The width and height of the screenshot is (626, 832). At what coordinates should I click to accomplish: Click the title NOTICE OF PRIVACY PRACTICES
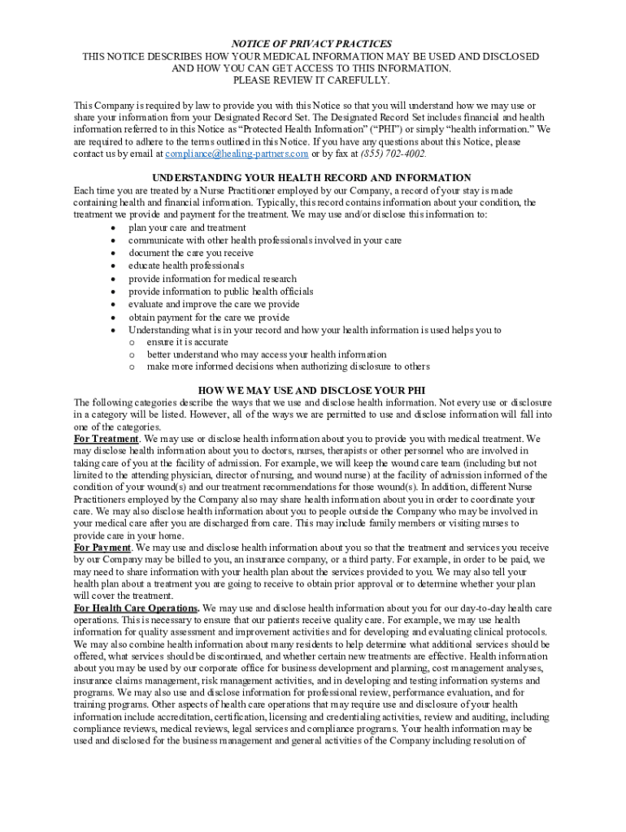[312, 44]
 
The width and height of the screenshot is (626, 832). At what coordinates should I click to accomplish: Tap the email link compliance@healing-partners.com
[237, 154]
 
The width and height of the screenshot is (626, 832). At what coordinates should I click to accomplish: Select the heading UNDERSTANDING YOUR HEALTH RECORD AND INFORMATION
[311, 178]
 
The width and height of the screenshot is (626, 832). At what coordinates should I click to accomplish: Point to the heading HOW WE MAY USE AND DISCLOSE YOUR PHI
[311, 390]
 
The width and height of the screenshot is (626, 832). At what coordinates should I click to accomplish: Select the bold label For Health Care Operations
[136, 608]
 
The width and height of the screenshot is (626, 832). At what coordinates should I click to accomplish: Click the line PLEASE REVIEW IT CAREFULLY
[312, 80]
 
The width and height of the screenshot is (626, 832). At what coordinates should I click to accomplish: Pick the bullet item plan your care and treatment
[187, 227]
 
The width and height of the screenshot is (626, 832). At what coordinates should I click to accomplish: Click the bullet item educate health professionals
[185, 266]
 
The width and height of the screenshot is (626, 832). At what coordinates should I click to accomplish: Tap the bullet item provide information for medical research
[212, 279]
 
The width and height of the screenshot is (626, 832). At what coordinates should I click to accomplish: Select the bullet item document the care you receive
[191, 253]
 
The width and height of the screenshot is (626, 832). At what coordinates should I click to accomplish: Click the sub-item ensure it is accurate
[187, 342]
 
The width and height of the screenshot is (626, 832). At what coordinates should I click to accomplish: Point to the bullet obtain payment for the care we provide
[209, 317]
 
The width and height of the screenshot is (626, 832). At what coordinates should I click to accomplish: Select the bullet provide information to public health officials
[220, 291]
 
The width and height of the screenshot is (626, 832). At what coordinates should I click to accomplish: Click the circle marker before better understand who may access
[131, 354]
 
